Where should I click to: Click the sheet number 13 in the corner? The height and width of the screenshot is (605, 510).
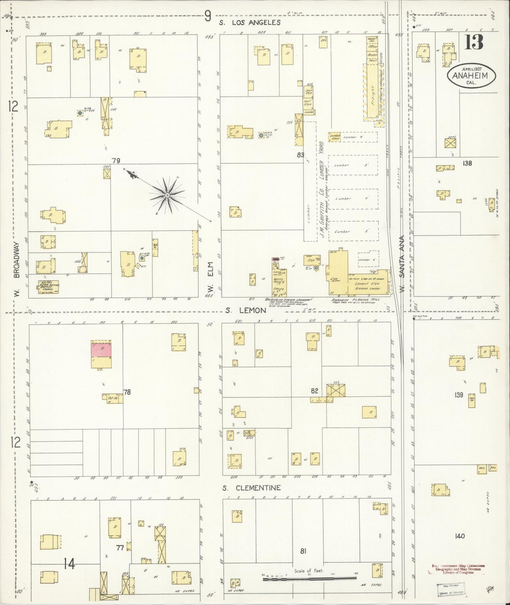pyautogui.click(x=474, y=43)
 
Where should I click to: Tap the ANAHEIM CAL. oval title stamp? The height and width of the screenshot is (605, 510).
pyautogui.click(x=472, y=76)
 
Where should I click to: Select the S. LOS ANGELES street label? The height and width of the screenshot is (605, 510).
pyautogui.click(x=250, y=23)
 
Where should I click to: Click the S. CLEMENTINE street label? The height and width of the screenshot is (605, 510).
pyautogui.click(x=251, y=488)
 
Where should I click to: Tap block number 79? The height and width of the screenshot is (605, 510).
pyautogui.click(x=116, y=161)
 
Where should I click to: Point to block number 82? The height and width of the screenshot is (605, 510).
pyautogui.click(x=314, y=391)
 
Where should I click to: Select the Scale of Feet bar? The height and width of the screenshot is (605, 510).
pyautogui.click(x=310, y=578)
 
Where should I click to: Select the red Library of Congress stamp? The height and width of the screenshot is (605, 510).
pyautogui.click(x=458, y=569)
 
